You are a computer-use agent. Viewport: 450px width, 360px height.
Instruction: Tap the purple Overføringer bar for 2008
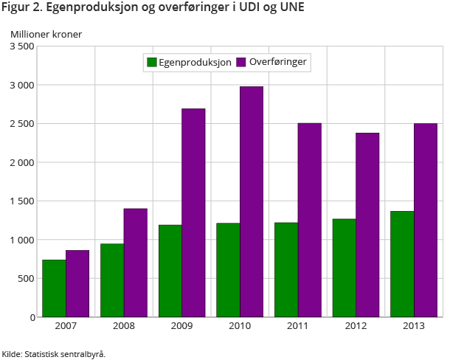click(x=136, y=263)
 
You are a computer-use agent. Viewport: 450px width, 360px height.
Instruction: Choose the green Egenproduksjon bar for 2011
click(x=286, y=270)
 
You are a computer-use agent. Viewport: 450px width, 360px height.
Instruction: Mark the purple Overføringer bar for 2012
click(x=367, y=225)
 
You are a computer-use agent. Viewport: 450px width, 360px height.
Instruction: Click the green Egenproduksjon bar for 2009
click(x=170, y=271)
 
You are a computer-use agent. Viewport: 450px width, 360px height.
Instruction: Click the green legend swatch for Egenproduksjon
click(x=152, y=63)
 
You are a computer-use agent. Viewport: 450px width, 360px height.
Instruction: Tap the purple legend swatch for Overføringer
click(x=241, y=63)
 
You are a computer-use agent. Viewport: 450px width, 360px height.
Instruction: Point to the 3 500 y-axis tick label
click(x=21, y=46)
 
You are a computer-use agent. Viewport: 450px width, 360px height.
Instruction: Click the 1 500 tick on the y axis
click(x=21, y=201)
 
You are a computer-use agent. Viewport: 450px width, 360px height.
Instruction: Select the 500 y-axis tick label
click(x=26, y=278)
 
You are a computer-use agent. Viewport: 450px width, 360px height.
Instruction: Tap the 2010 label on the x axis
click(x=240, y=326)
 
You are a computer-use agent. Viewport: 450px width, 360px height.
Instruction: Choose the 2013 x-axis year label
click(x=414, y=326)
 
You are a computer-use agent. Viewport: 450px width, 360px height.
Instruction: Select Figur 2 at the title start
click(x=18, y=9)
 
